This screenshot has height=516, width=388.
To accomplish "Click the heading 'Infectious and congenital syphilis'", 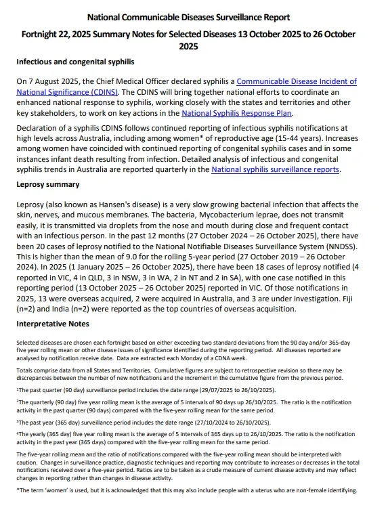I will tap(75, 62).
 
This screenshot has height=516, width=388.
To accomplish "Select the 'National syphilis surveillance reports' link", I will tap(275, 169).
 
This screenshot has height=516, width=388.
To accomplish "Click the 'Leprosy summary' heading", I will tap(48, 184).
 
